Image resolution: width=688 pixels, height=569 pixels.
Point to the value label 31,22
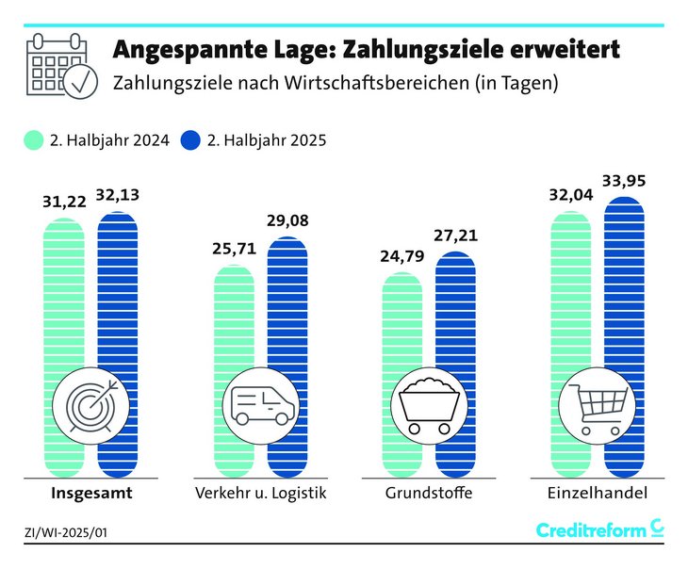pos(63,202)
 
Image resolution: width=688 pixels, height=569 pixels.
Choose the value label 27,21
pos(456,236)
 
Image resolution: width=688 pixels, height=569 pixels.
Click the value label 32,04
pos(570,197)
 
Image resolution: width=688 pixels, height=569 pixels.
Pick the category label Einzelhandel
pos(596,494)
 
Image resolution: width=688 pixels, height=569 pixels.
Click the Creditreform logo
pos(599,530)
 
